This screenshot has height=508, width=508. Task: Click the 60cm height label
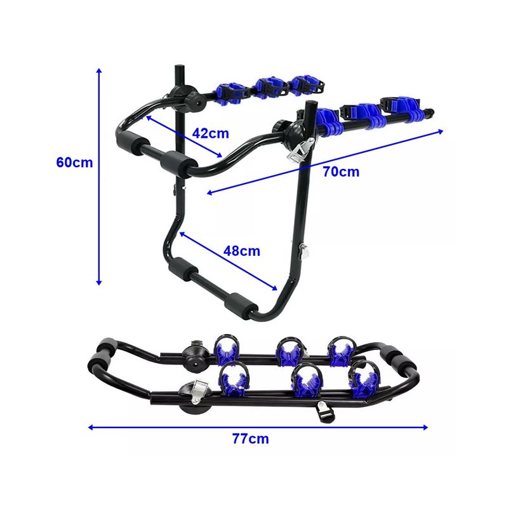74,162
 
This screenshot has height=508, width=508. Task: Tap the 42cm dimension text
210,133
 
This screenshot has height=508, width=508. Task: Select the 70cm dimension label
340,171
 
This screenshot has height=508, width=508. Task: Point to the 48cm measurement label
241,250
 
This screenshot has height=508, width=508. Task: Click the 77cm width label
250,439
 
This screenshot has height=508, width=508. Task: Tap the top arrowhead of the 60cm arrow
99,70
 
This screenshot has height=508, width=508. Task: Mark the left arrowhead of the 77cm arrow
91,427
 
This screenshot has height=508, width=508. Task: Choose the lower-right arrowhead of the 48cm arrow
276,289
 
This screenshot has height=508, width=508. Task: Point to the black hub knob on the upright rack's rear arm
193,97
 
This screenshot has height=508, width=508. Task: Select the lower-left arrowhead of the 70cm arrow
206,193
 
